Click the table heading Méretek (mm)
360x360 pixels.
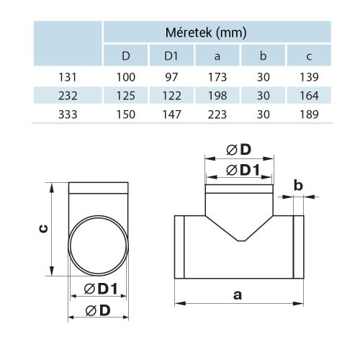(217, 32)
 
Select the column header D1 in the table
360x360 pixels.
(171, 55)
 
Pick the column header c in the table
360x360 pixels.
(309, 55)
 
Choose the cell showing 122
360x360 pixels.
(171, 94)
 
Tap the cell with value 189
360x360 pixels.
(309, 113)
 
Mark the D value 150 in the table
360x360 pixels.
(127, 113)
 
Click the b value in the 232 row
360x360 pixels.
(263, 94)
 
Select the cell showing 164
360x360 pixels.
(309, 94)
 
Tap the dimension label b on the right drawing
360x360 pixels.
(297, 186)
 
